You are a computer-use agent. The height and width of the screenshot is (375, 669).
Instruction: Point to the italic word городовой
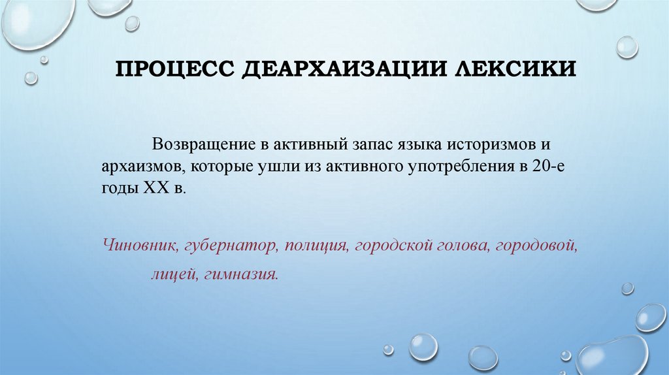537,247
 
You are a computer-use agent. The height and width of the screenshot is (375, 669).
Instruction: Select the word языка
410,144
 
